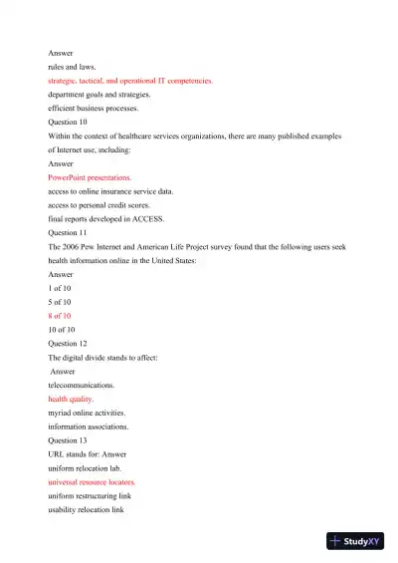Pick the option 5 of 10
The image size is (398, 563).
point(60,300)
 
